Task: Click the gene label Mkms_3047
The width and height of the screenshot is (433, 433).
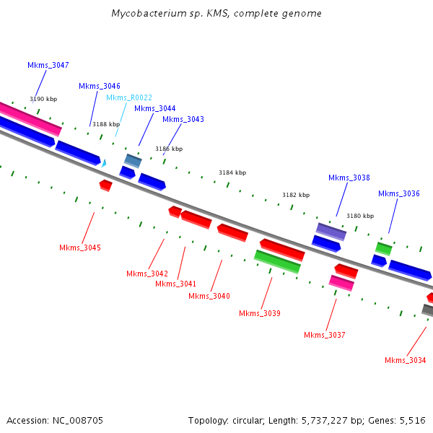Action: pyautogui.click(x=48, y=65)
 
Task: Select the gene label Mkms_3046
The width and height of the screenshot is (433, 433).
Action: pyautogui.click(x=100, y=86)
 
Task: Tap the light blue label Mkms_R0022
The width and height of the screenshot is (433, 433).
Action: pyautogui.click(x=129, y=97)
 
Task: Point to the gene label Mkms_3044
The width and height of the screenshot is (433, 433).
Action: pyautogui.click(x=154, y=108)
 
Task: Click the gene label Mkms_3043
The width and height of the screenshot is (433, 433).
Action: pyautogui.click(x=183, y=119)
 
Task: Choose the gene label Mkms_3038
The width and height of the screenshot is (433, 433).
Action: pyautogui.click(x=349, y=178)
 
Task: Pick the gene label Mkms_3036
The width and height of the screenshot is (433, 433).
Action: pyautogui.click(x=399, y=193)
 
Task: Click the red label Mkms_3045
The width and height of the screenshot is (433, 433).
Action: pyautogui.click(x=80, y=248)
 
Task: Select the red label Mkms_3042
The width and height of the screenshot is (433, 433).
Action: pyautogui.click(x=147, y=274)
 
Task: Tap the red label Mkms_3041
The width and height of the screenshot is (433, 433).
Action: pyautogui.click(x=176, y=284)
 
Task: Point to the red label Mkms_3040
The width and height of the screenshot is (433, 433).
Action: pyautogui.click(x=209, y=296)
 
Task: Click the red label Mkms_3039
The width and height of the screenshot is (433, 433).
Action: pyautogui.click(x=260, y=313)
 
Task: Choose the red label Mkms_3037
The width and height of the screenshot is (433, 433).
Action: pyautogui.click(x=325, y=335)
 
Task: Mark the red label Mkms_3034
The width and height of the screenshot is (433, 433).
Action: pyautogui.click(x=406, y=360)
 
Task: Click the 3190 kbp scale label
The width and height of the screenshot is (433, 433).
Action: pyautogui.click(x=43, y=99)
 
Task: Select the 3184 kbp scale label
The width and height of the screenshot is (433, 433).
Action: pyautogui.click(x=232, y=172)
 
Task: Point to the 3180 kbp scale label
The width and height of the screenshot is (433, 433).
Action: pyautogui.click(x=360, y=216)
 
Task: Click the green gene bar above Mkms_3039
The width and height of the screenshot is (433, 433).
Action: pyautogui.click(x=277, y=261)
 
